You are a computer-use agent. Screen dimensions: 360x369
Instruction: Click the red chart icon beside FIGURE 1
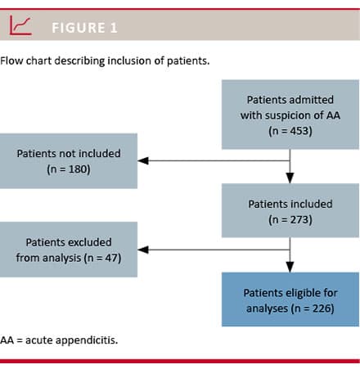pos(20,25)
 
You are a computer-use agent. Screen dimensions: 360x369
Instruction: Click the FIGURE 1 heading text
pos(84,28)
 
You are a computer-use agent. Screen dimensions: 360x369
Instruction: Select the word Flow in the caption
pos(11,61)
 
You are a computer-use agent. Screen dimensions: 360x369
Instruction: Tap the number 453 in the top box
pos(297,131)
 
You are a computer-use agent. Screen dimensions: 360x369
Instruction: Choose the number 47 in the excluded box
pos(111,258)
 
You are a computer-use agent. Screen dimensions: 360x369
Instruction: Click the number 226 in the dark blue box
pos(322,308)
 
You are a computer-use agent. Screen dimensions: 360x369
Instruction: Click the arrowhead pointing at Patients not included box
pos(143,160)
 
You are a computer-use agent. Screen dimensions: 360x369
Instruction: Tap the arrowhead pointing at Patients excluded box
pos(143,250)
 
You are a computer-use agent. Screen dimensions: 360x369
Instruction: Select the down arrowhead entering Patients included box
pos(290,178)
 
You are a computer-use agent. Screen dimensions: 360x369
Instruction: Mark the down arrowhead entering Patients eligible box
pos(290,267)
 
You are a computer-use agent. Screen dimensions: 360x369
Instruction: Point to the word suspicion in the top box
pos(288,115)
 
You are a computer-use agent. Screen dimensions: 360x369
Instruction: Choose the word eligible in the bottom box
pos(302,293)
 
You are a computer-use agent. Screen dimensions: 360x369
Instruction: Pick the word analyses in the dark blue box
pos(267,308)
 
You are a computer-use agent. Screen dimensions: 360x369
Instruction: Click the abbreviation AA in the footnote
pos(7,340)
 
